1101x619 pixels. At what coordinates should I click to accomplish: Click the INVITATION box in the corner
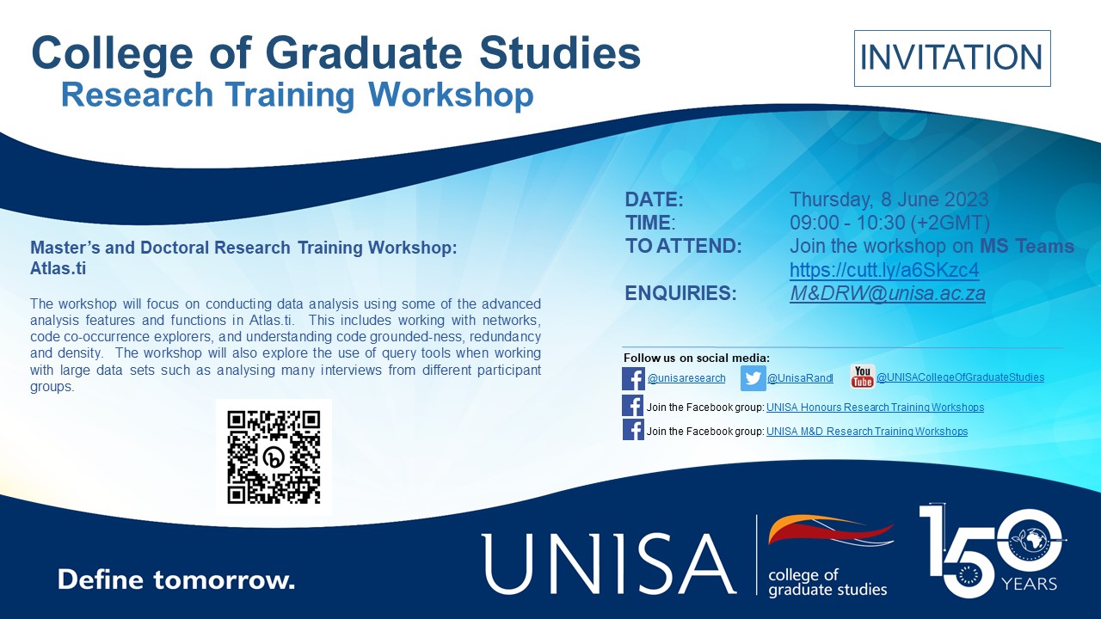951,58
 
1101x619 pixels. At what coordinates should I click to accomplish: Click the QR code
274,457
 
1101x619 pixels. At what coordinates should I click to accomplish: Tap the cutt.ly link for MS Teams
884,270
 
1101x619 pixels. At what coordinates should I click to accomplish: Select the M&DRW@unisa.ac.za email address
888,293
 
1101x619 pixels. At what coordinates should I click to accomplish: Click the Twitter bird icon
753,378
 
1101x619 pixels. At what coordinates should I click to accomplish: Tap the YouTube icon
862,377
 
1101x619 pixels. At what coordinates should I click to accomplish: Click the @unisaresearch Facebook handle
686,378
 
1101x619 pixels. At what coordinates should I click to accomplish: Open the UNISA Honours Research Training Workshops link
875,408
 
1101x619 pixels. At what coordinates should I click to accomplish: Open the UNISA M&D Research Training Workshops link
866,432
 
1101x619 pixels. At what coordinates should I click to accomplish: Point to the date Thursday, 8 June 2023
889,199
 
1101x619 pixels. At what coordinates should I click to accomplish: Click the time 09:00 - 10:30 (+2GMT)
889,223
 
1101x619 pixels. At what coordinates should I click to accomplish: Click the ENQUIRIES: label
680,293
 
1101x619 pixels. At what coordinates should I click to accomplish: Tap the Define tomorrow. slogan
176,579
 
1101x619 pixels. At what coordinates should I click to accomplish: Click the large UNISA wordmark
609,563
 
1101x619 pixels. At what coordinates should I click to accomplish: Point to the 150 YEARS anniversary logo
993,551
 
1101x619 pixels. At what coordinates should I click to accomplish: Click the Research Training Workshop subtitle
297,95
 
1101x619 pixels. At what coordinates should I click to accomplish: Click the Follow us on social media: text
696,358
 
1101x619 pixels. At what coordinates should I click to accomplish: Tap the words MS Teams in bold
1027,247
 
